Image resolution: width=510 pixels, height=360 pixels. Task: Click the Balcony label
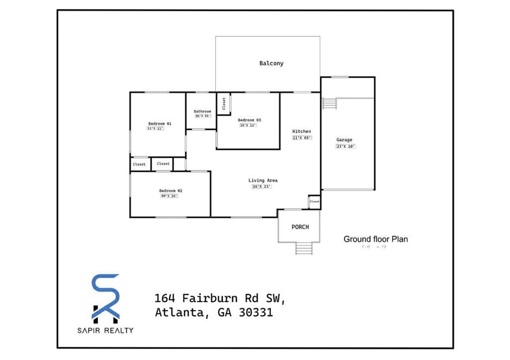tap(271, 63)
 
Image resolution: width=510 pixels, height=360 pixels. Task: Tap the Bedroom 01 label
tap(160, 123)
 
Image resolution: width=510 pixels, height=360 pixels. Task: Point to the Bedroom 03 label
tap(250, 120)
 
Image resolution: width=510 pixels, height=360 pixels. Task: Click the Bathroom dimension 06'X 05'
tap(203, 116)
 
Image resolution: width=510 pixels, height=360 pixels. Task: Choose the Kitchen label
tap(302, 131)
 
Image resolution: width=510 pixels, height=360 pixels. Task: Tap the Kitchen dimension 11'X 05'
tap(302, 137)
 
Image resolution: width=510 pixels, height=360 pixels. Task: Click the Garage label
tap(344, 140)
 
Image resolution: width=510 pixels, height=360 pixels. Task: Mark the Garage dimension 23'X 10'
tap(346, 146)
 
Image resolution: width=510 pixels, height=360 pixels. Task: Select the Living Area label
tap(263, 180)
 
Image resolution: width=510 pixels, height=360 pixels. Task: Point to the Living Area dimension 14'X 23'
tap(262, 187)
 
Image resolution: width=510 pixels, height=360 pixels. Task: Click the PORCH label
tap(300, 227)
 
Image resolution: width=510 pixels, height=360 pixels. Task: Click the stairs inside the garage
tap(330, 103)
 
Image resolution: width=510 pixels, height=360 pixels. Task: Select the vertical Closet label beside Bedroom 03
tap(224, 104)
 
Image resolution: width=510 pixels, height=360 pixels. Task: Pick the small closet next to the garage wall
tap(314, 201)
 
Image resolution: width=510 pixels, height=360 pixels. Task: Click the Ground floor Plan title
tap(376, 239)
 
